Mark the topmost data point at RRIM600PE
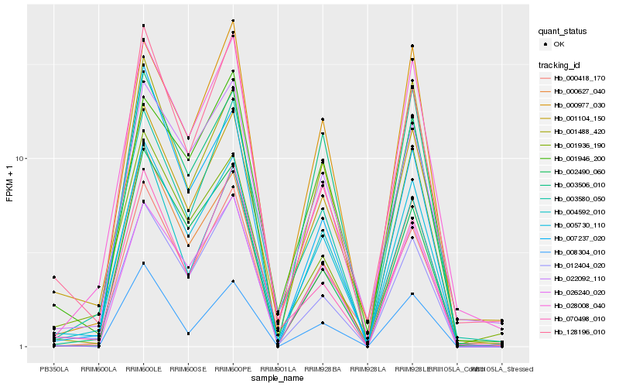click(233, 21)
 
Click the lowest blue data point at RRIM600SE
click(188, 334)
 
